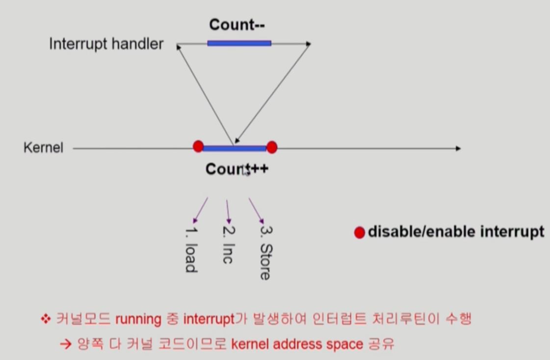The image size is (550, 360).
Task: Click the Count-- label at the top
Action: tap(237, 25)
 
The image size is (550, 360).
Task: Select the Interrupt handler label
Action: tap(106, 44)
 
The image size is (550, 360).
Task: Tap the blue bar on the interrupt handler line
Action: tap(239, 44)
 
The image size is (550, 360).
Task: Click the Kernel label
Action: tap(43, 148)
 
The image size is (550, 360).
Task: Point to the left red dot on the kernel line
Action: tap(198, 146)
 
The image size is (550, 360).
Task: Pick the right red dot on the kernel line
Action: tap(272, 147)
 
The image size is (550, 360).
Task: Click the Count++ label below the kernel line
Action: tap(237, 169)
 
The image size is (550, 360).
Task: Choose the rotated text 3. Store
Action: tap(265, 253)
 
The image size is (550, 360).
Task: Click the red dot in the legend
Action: tap(360, 232)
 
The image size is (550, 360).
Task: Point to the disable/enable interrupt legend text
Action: tap(456, 231)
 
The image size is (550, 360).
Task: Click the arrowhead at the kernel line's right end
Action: tap(458, 148)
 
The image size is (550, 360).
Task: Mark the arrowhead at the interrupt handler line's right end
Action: tap(308, 44)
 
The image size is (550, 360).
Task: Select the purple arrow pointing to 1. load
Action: tap(201, 210)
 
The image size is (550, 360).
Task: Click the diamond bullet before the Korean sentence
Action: tap(46, 320)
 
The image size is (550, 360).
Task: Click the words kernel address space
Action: tap(297, 344)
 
